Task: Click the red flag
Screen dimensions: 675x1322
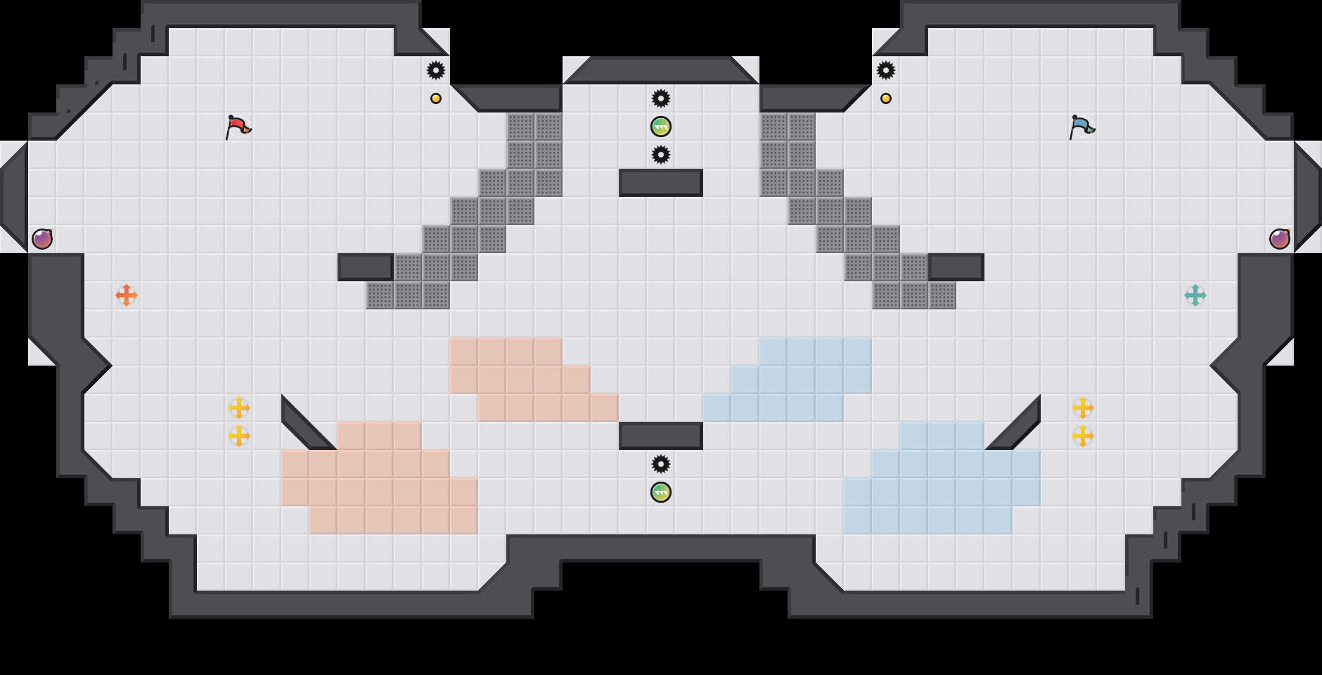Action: pyautogui.click(x=238, y=127)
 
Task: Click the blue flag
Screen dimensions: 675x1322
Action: pyautogui.click(x=1082, y=127)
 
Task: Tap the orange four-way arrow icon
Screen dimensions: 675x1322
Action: pyautogui.click(x=127, y=295)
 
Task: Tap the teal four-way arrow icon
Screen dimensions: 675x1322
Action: pyautogui.click(x=1195, y=295)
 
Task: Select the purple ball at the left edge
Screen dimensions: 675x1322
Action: pyautogui.click(x=42, y=239)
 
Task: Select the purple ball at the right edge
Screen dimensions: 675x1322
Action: pyautogui.click(x=1280, y=239)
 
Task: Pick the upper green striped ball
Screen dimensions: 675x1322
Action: pyautogui.click(x=661, y=127)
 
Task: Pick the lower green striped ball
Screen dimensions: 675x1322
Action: pyautogui.click(x=661, y=492)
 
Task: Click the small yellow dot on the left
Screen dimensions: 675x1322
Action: pyautogui.click(x=436, y=98)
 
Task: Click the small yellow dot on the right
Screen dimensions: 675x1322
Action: pyautogui.click(x=886, y=98)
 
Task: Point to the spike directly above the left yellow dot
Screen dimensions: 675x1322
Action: pyautogui.click(x=436, y=70)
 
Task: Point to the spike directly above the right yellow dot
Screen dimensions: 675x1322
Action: pyautogui.click(x=886, y=70)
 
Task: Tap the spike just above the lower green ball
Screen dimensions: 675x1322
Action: pyautogui.click(x=661, y=464)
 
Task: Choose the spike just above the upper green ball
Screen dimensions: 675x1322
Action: pyautogui.click(x=661, y=98)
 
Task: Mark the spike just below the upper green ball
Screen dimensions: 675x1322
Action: pyautogui.click(x=661, y=155)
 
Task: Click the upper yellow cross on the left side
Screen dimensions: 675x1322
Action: pyautogui.click(x=239, y=408)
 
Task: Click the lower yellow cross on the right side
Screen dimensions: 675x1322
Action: pyautogui.click(x=1083, y=436)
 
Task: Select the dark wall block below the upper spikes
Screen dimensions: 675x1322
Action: pyautogui.click(x=661, y=183)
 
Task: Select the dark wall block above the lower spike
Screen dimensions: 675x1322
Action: pyautogui.click(x=661, y=436)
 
